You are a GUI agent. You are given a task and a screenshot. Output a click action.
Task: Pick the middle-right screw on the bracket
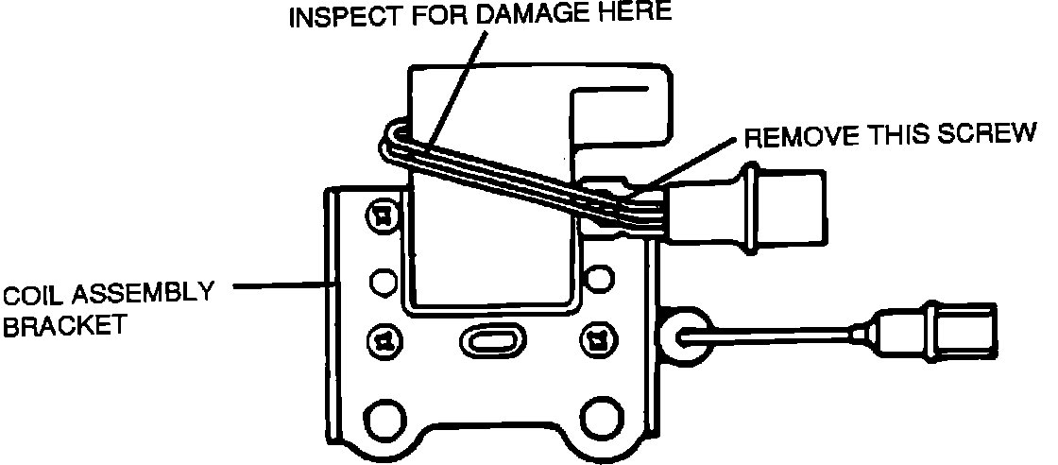click(x=597, y=336)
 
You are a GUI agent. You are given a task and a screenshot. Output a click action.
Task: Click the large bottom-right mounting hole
click(x=602, y=416)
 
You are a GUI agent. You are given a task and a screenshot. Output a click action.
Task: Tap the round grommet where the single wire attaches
click(x=682, y=332)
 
